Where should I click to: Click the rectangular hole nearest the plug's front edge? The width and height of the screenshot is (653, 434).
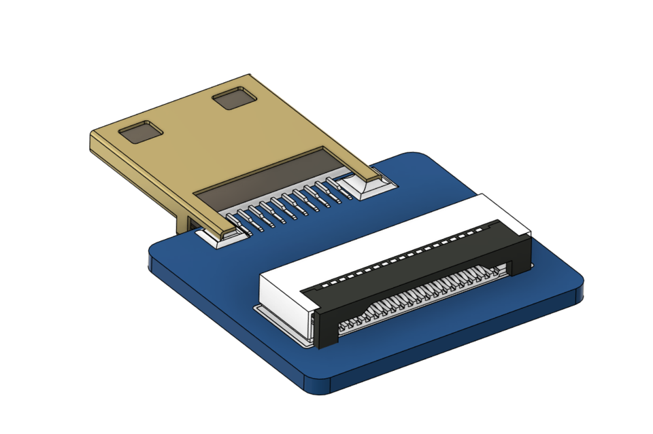tap(141, 132)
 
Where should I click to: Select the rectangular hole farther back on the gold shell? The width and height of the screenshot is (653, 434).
tap(235, 99)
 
